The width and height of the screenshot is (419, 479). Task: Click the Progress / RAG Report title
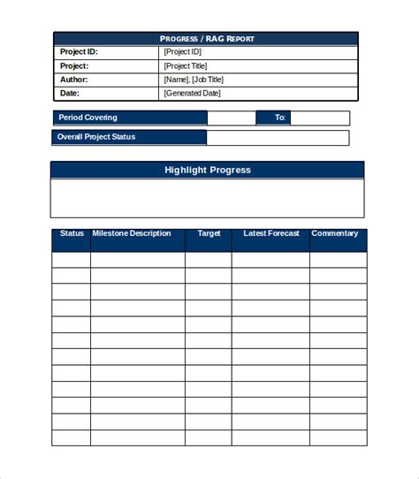point(206,39)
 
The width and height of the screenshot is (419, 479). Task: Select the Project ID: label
point(79,52)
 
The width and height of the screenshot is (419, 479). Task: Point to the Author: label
point(74,80)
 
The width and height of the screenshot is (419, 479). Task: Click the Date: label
point(70,93)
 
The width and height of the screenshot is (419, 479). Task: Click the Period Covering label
point(88,118)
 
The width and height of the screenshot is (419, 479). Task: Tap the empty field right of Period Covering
point(232,118)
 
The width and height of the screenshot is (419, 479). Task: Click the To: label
point(280,118)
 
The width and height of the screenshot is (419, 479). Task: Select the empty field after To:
point(320,118)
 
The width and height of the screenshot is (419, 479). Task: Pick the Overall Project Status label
point(96,138)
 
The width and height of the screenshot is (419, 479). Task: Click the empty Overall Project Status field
point(278,138)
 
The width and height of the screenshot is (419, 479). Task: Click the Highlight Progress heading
point(208,170)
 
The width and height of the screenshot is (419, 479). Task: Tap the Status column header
point(72,234)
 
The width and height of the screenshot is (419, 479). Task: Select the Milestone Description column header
point(132,234)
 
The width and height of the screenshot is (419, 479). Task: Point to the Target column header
point(209,234)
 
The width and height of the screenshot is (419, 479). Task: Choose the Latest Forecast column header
point(271,234)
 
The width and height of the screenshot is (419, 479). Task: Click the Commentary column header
point(335,234)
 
